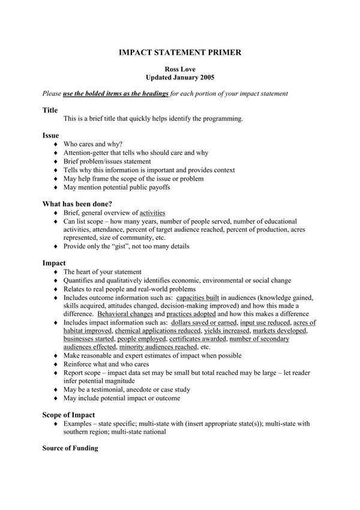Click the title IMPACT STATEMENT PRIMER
pyautogui.click(x=180, y=53)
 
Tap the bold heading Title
pyautogui.click(x=50, y=110)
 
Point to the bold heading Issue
pyautogui.click(x=50, y=136)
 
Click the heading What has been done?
pyautogui.click(x=77, y=204)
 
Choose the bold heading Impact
pyautogui.click(x=54, y=263)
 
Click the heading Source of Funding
pyautogui.click(x=70, y=448)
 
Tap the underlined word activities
pyautogui.click(x=152, y=213)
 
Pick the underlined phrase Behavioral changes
pyautogui.click(x=125, y=314)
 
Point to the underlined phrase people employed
pyautogui.click(x=142, y=339)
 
